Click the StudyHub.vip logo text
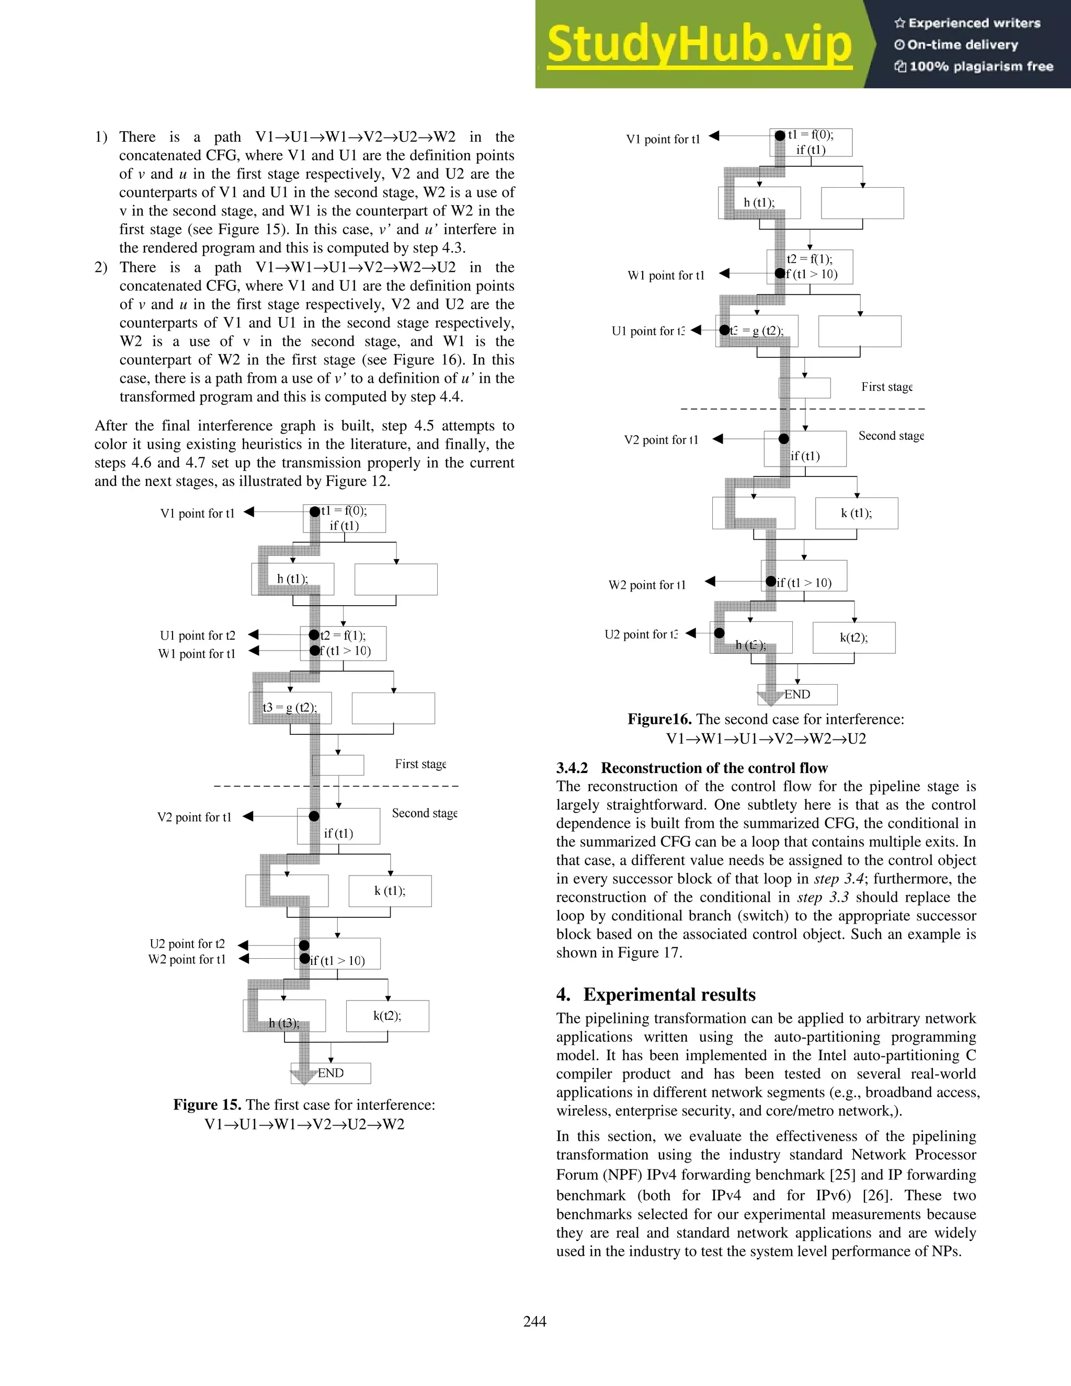[x=699, y=44]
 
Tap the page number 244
[x=535, y=1321]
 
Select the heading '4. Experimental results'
[x=656, y=994]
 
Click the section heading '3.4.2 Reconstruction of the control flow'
[x=692, y=768]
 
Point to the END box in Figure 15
[x=331, y=1073]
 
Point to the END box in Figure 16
[x=797, y=694]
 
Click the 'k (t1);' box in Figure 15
[x=390, y=891]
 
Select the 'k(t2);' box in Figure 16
[x=854, y=638]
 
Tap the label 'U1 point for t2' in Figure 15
[x=197, y=635]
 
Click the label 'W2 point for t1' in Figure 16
[x=647, y=585]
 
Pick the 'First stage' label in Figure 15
[x=420, y=764]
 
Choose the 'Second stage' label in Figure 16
[x=891, y=436]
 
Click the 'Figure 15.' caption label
[x=208, y=1105]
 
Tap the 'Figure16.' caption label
[x=659, y=719]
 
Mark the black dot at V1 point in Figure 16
[x=780, y=136]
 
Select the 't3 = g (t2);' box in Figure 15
[x=290, y=708]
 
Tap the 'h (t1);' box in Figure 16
[x=759, y=202]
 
